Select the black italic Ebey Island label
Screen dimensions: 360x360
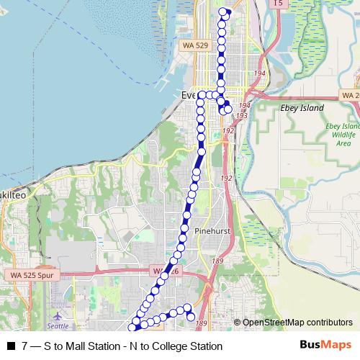(x=300, y=108)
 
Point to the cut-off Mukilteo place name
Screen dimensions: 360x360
(x=14, y=195)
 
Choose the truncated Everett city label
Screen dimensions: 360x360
(x=189, y=95)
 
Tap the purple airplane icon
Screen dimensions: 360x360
(x=57, y=316)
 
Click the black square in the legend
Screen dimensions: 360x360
(x=11, y=346)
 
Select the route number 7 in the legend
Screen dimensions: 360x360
(x=24, y=346)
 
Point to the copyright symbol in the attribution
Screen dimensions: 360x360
(x=238, y=323)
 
